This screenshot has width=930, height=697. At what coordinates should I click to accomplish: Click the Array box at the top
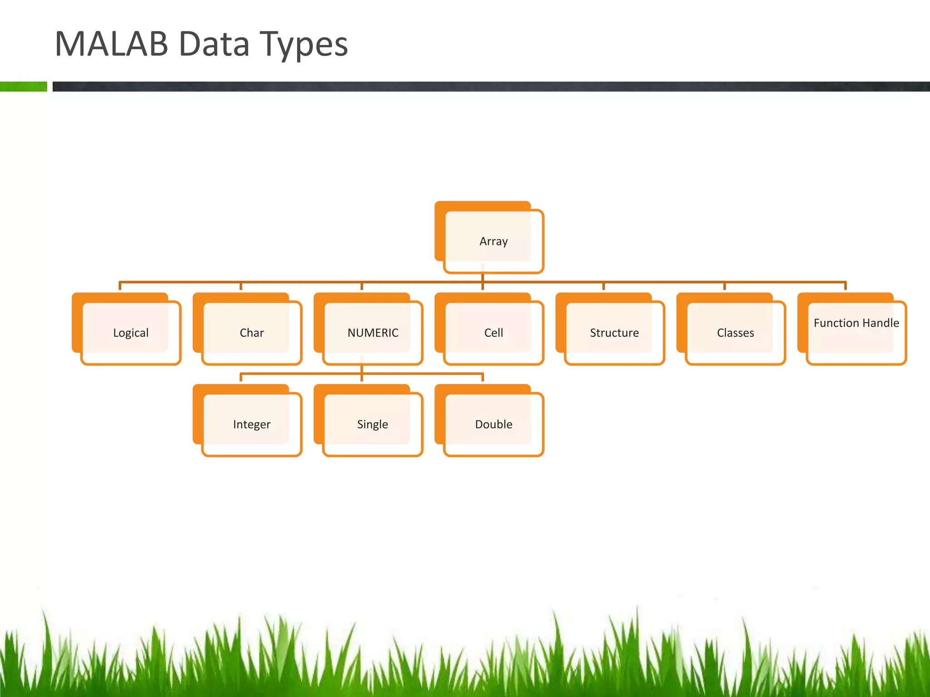[493, 241]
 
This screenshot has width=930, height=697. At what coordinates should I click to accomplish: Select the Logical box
[131, 333]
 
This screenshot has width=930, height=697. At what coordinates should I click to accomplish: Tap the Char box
[252, 333]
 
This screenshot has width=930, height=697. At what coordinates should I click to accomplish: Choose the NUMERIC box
[372, 333]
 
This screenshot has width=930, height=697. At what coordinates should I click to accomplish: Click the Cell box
[493, 333]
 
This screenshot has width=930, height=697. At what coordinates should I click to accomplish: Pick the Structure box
[614, 333]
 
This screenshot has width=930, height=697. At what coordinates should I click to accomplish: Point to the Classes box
[735, 333]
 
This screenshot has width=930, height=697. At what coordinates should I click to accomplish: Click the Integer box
[252, 424]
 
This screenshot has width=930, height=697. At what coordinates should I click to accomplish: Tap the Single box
[372, 424]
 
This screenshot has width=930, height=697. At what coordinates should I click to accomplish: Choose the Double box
[493, 424]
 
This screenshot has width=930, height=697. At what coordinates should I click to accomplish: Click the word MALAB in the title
[111, 44]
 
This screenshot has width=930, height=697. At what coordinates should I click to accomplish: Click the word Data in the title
[214, 44]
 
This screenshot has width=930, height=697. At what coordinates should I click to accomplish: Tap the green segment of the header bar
[23, 86]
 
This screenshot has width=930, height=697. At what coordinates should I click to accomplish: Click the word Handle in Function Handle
[880, 323]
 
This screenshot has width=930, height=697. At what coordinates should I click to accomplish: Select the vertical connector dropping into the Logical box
[120, 286]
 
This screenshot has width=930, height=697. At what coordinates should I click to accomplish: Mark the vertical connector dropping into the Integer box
[241, 378]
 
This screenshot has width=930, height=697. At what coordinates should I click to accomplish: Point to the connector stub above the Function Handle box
[845, 286]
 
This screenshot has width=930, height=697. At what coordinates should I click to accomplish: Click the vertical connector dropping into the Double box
[482, 378]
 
